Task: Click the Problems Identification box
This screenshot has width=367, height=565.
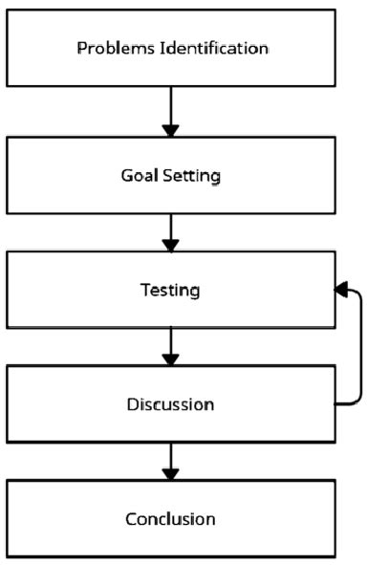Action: pyautogui.click(x=171, y=48)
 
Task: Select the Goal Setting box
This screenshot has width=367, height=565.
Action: pyautogui.click(x=171, y=175)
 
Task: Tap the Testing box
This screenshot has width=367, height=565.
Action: pyautogui.click(x=171, y=289)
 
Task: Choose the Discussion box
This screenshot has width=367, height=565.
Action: pyautogui.click(x=171, y=402)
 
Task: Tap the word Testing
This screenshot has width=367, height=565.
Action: pyautogui.click(x=171, y=290)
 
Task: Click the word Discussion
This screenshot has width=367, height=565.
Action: pyautogui.click(x=171, y=403)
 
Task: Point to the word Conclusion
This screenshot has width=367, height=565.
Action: pyautogui.click(x=171, y=519)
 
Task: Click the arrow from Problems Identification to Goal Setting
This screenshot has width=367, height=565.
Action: pyautogui.click(x=171, y=111)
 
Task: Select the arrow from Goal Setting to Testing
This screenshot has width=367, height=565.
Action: pyautogui.click(x=171, y=230)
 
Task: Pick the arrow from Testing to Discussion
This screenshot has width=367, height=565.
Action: pyautogui.click(x=171, y=344)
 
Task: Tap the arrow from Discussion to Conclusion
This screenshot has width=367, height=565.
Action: pyautogui.click(x=171, y=460)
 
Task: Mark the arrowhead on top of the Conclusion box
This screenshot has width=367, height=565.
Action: pyautogui.click(x=171, y=473)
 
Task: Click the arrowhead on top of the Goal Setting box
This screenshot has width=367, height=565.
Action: pyautogui.click(x=171, y=129)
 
